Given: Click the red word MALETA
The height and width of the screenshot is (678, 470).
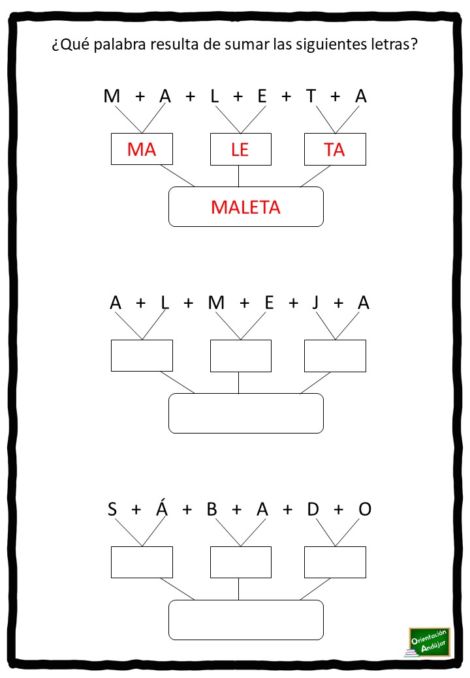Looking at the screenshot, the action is [245, 207].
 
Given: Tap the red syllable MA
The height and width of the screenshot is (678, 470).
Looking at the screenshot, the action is [142, 149].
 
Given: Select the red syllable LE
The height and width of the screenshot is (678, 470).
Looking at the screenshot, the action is [240, 150].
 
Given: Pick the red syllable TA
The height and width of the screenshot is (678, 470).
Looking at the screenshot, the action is [334, 150].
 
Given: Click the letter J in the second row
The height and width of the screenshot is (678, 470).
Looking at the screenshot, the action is [315, 302].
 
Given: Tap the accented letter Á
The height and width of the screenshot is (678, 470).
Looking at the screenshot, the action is [162, 507].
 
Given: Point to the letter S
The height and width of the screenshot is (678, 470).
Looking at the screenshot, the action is [112, 509].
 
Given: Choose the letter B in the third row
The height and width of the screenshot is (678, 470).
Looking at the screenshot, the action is [211, 509].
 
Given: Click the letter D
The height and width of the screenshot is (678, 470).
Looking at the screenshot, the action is [313, 509].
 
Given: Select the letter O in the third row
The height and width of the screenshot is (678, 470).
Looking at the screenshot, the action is [365, 509].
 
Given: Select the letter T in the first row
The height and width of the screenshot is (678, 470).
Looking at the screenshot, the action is [311, 96].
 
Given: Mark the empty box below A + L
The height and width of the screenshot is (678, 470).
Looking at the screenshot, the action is [142, 355].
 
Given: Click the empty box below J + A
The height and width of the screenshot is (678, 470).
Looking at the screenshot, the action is [335, 356].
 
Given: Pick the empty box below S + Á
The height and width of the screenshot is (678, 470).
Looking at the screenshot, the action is [142, 562].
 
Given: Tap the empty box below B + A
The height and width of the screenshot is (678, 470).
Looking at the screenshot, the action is [241, 562].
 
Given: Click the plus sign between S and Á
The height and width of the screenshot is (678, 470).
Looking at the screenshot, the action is [136, 510].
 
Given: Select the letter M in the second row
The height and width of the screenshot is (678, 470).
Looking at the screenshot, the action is [216, 302].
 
